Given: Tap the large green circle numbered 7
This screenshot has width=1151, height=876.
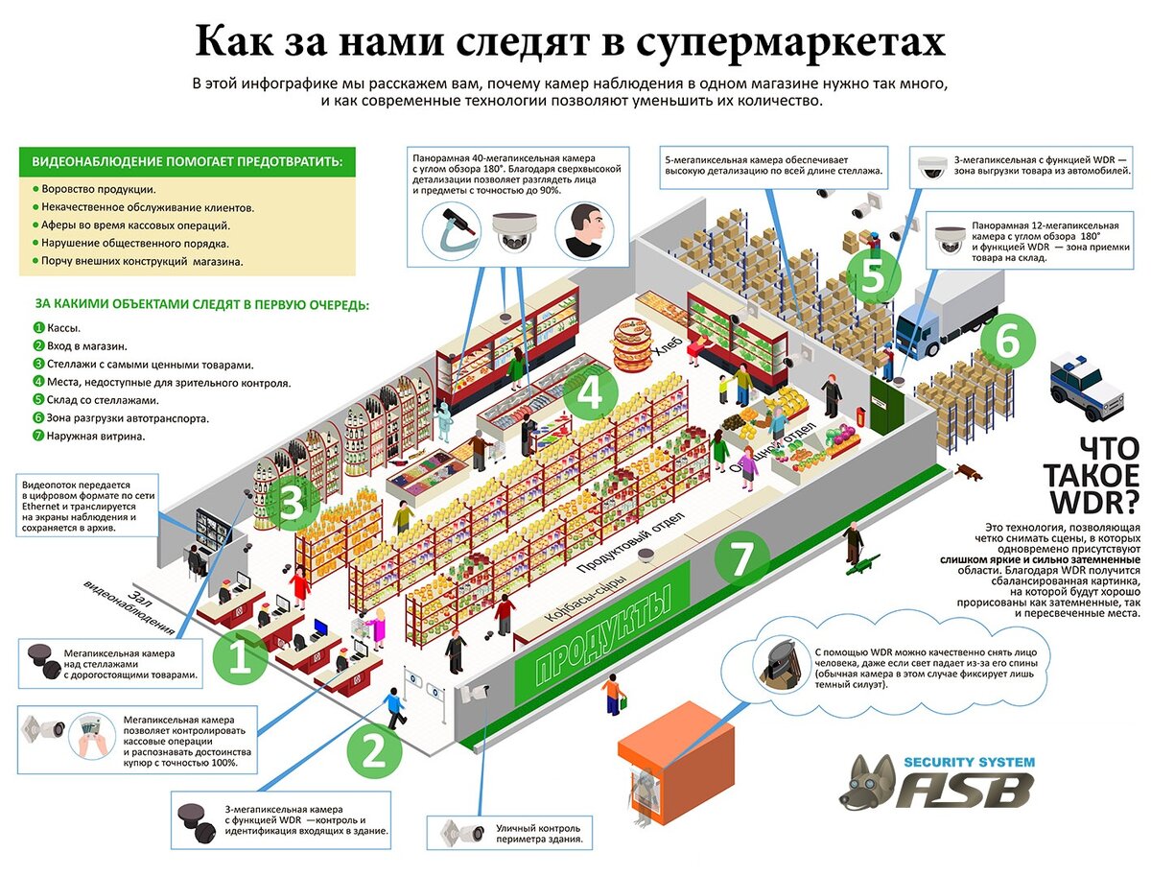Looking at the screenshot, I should point(740,559).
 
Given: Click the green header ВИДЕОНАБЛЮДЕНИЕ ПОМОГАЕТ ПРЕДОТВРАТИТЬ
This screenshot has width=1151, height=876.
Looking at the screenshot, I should point(187,161).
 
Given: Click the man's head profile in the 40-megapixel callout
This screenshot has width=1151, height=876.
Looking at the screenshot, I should point(582,233).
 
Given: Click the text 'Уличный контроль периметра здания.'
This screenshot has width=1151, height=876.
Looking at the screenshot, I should point(539,833).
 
